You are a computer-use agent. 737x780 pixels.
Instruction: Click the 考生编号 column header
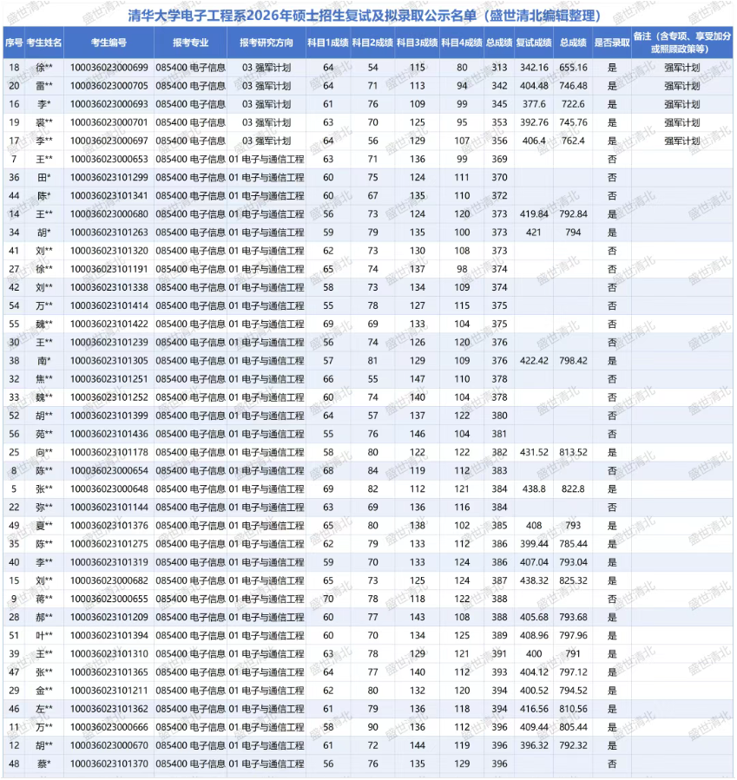coord(109,43)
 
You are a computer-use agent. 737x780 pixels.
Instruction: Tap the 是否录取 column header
coord(612,43)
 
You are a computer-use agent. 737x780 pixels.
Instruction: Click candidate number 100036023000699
coord(109,68)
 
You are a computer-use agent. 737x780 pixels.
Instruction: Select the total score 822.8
coord(572,488)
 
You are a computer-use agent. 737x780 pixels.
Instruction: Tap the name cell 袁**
coord(44,122)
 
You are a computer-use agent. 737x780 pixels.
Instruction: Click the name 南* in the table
coord(44,360)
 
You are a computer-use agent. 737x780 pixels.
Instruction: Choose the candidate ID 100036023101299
coord(109,177)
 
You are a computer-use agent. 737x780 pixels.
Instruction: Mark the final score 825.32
coord(572,580)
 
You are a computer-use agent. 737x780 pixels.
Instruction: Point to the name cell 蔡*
coord(44,764)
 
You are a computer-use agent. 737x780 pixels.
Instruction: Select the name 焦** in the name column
coord(44,379)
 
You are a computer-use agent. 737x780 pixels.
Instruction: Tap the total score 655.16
coord(572,68)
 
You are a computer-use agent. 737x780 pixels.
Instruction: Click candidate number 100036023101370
coord(109,764)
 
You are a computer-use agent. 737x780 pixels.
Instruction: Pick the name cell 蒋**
coord(44,599)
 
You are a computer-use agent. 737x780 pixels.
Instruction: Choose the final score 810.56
coord(572,709)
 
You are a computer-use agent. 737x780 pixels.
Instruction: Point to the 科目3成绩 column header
coord(417,43)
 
